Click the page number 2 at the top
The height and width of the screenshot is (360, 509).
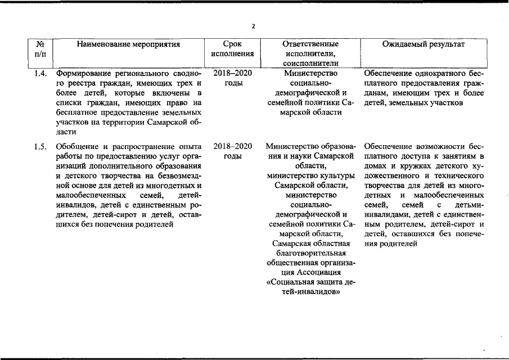point(254,26)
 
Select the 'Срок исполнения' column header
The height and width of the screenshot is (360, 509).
point(232,49)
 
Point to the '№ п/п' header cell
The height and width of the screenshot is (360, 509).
point(40,49)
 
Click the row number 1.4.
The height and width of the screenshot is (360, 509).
point(40,74)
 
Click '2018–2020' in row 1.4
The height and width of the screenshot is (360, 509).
point(233,74)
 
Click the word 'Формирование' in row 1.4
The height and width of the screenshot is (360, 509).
point(82,74)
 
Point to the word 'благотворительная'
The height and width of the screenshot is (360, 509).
point(311,253)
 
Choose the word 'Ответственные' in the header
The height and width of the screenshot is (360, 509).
point(311,44)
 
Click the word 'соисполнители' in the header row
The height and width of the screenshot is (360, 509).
point(311,64)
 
